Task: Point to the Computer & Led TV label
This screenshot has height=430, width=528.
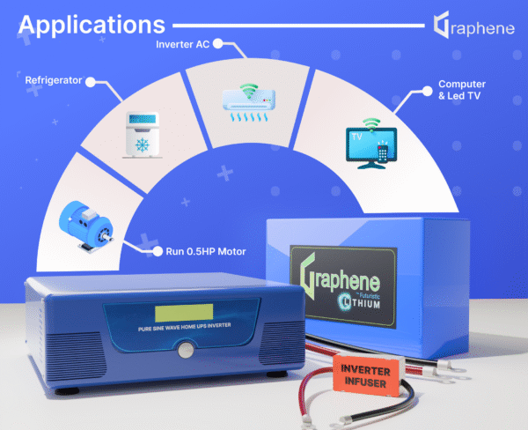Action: tap(461, 90)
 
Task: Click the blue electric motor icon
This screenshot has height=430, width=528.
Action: tap(84, 223)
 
